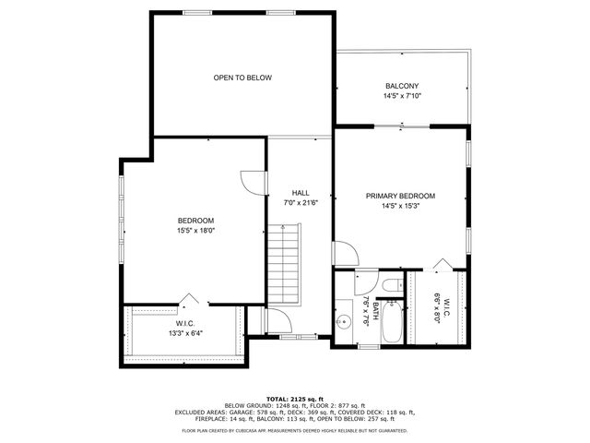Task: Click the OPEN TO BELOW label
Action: (242, 78)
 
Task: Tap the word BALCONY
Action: (402, 86)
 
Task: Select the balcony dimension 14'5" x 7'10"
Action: (402, 96)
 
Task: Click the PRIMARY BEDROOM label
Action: (400, 196)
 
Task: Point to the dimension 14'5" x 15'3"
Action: (400, 206)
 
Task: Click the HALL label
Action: (300, 192)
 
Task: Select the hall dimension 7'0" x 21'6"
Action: (300, 202)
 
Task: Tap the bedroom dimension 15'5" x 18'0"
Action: (195, 231)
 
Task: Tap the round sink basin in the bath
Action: (345, 322)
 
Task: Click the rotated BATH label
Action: (375, 305)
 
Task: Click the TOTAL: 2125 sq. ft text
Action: (295, 397)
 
